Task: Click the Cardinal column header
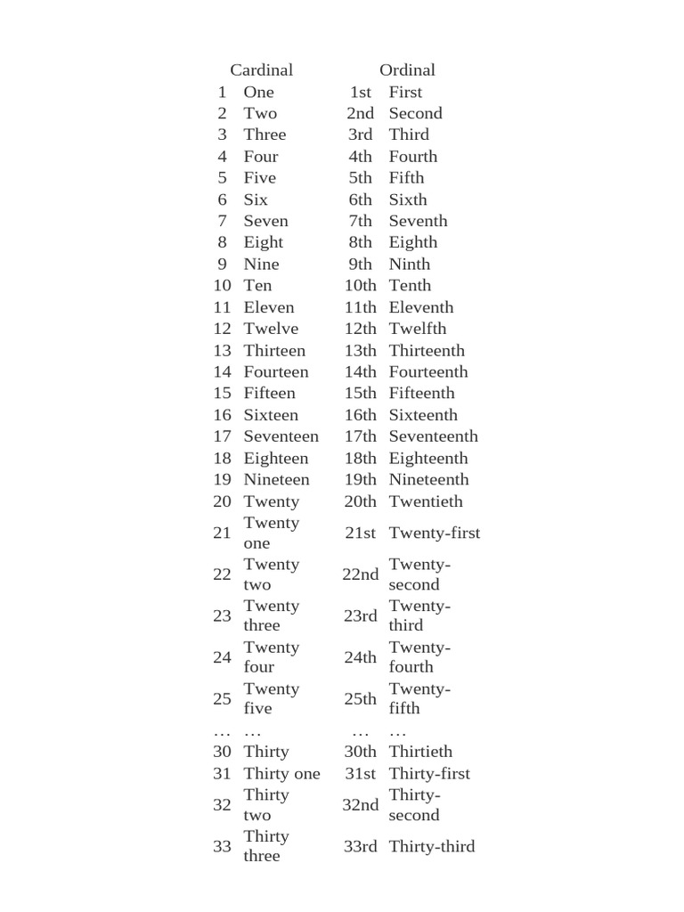coord(261,69)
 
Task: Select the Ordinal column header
coord(407,69)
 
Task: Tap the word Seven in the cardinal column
coord(265,221)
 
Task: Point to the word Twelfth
coord(418,329)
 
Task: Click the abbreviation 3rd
coord(361,134)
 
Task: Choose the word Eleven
coord(269,307)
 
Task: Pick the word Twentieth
coord(426,501)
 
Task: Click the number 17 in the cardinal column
coord(222,436)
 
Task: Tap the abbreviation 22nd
coord(361,574)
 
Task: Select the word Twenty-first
coord(435,533)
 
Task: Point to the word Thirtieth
coord(420,752)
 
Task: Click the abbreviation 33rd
coord(361,846)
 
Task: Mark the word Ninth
coord(410,264)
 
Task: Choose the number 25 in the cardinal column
coord(222,699)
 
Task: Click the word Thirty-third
coord(432,846)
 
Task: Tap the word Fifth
coord(406,177)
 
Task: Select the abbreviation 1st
coord(361,92)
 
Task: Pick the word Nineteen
coord(277,479)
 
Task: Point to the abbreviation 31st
coord(361,774)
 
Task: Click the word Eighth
coord(413,242)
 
